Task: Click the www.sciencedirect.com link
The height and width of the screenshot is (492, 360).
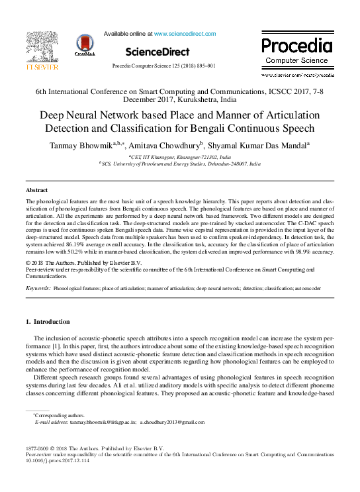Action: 185,33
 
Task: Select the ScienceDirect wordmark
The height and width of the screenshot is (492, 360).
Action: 157,52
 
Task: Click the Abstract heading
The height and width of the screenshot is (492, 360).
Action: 36,190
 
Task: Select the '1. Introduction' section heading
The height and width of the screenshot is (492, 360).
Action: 47,322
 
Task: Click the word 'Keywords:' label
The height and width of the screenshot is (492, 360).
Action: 38,289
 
